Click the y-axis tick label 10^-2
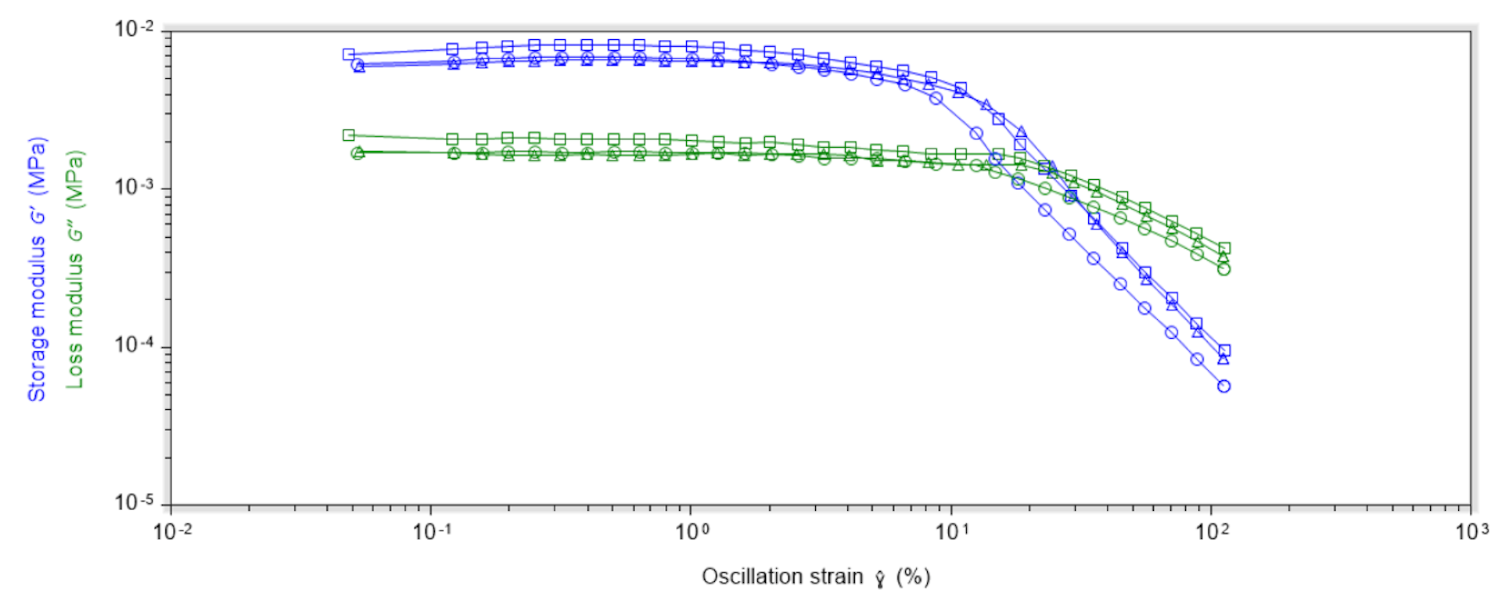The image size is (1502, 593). [x=135, y=29]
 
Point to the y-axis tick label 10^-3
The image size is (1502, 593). [x=135, y=187]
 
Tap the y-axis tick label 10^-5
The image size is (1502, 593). [x=135, y=501]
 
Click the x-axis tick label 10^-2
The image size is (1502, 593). [x=172, y=532]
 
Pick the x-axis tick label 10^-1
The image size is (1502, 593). [x=433, y=532]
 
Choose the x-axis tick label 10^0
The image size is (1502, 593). [x=692, y=532]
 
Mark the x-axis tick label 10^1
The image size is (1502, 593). [x=952, y=532]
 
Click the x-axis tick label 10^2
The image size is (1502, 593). [x=1212, y=532]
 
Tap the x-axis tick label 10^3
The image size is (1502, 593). [x=1471, y=532]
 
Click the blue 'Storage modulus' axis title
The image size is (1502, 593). [x=37, y=270]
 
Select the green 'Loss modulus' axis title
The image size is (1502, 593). [x=74, y=270]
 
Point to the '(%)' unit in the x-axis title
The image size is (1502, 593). [x=913, y=577]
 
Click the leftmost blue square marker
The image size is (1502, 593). [x=349, y=55]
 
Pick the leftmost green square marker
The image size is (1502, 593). [x=349, y=135]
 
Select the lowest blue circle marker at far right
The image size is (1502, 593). [x=1224, y=386]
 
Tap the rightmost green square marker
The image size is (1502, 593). [x=1224, y=248]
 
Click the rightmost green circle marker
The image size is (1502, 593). [x=1224, y=269]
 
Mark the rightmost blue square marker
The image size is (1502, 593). [x=1224, y=350]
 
